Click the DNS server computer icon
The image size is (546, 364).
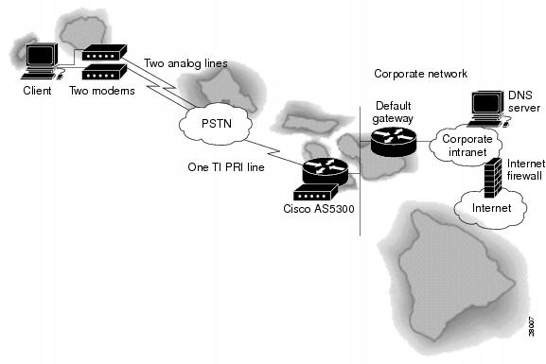pos(485,105)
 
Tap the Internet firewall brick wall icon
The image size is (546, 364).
pos(489,176)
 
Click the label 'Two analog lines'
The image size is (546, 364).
pos(185,64)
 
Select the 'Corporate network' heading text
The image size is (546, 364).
pos(420,73)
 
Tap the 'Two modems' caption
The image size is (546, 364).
pos(100,92)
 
